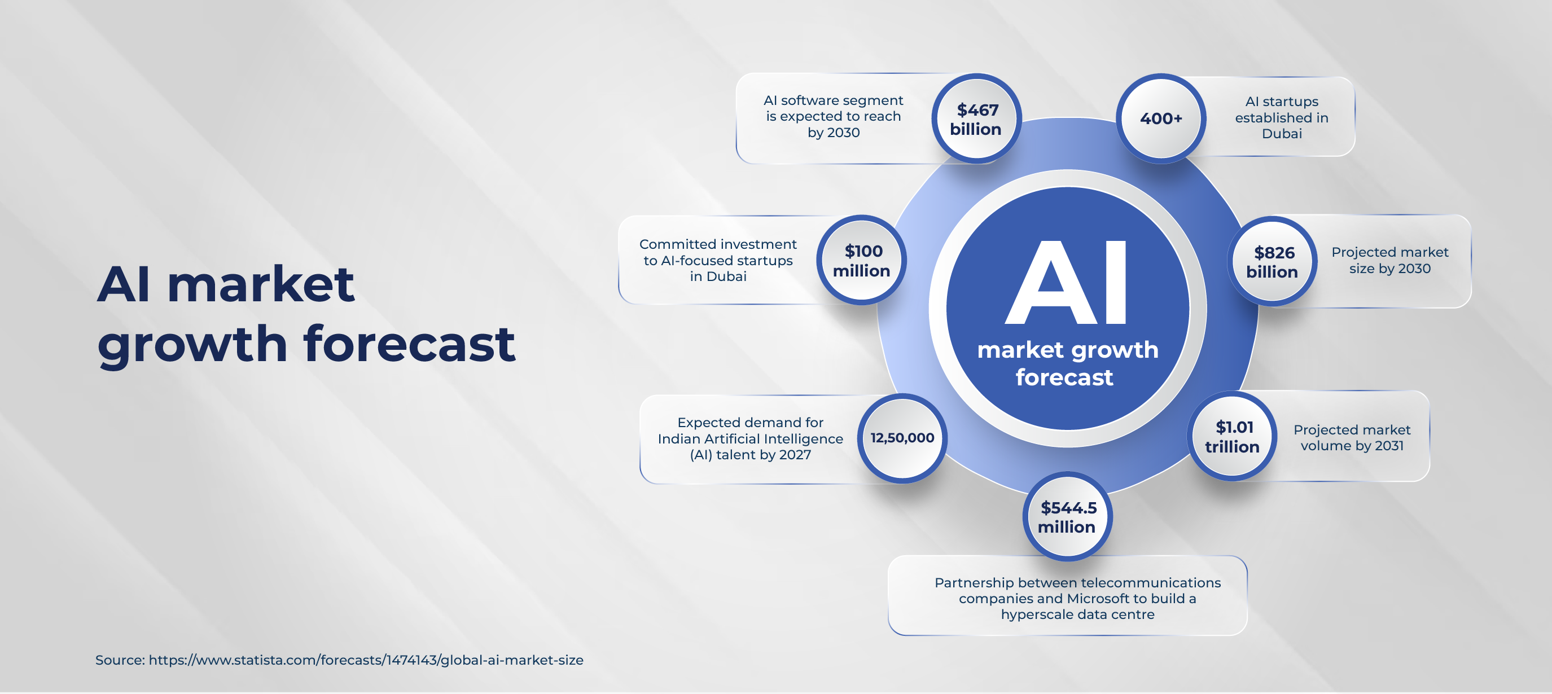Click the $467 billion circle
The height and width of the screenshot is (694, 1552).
tap(976, 118)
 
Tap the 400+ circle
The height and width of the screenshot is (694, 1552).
tap(1161, 118)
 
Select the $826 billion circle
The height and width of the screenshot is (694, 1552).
tap(1272, 261)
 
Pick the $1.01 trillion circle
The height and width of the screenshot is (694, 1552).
tap(1232, 436)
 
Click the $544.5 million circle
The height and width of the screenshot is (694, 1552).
tap(1067, 517)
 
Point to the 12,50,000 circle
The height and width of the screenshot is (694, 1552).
tap(902, 438)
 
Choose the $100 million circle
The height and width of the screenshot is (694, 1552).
tap(862, 260)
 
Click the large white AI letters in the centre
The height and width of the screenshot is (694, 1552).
tap(1067, 283)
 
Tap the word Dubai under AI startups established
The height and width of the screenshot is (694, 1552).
tap(1282, 134)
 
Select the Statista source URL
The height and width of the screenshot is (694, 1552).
tap(366, 660)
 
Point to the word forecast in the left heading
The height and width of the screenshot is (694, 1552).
tap(409, 344)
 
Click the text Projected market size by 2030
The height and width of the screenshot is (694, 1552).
tap(1390, 260)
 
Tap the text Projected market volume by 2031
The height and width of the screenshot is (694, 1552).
tap(1352, 437)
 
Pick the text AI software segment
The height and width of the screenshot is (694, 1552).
tap(833, 100)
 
